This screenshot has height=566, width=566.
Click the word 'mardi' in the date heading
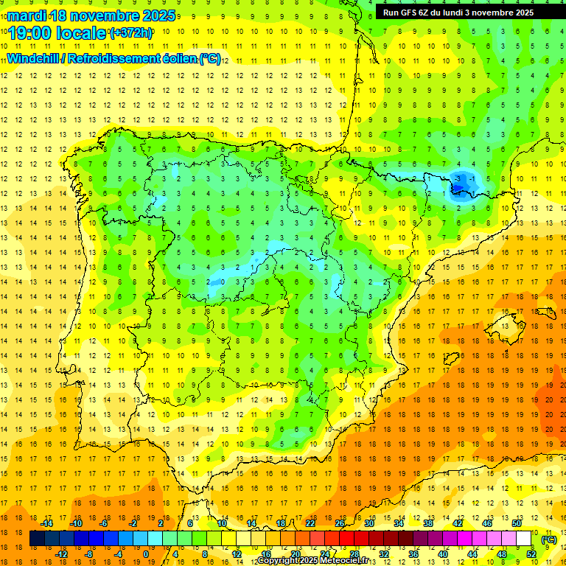tap(25, 15)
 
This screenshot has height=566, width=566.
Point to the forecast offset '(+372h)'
tap(131, 33)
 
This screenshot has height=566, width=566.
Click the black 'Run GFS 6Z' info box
tap(465, 12)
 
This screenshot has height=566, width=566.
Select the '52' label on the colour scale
tap(531, 554)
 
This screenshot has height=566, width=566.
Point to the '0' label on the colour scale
tap(146, 554)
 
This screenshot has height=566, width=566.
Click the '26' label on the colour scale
tap(340, 523)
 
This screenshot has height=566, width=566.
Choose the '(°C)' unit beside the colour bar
tap(549, 539)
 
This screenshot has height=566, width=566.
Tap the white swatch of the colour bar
tap(524, 539)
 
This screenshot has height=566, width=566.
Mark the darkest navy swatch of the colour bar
tap(37, 539)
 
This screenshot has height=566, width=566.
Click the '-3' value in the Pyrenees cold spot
tap(460, 178)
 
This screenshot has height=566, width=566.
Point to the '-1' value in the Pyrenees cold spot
tap(472, 178)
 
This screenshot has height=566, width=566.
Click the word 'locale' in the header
tap(83, 33)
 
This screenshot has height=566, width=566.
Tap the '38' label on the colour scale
tap(428, 523)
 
